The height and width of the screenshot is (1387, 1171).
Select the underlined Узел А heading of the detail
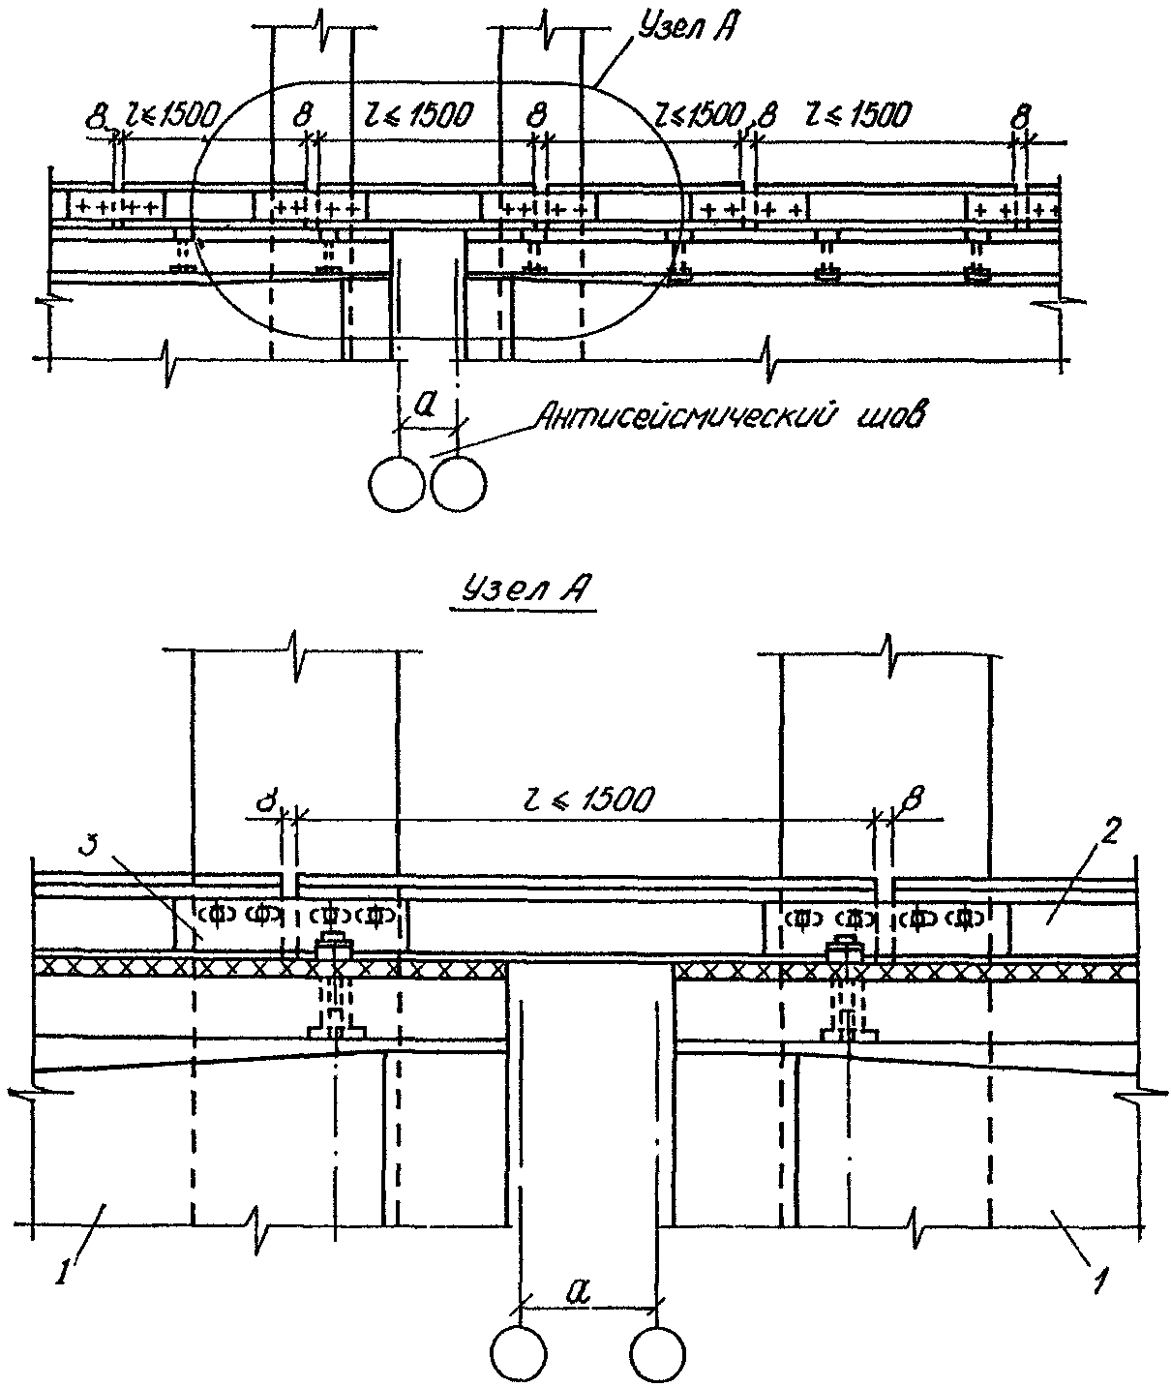523,590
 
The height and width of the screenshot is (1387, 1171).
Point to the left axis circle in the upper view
397,481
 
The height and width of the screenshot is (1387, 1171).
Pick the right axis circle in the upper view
458,481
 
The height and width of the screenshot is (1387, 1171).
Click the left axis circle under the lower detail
520,1352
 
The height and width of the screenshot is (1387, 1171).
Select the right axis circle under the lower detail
658,1352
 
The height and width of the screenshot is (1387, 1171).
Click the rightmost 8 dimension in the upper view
1018,120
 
